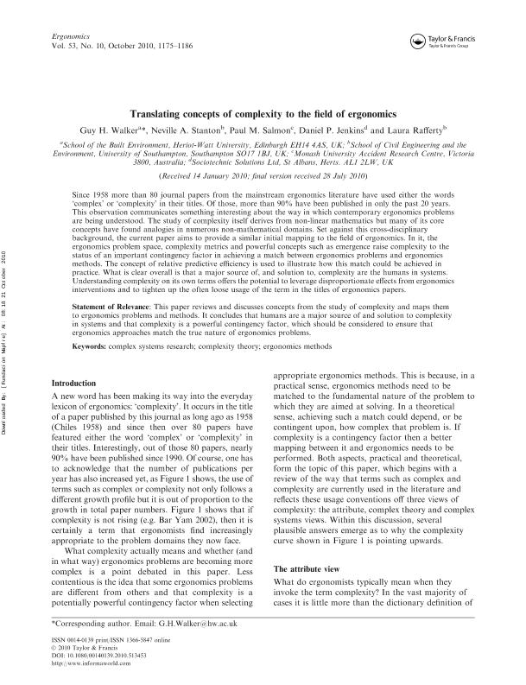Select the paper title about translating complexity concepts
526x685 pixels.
coord(263,114)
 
